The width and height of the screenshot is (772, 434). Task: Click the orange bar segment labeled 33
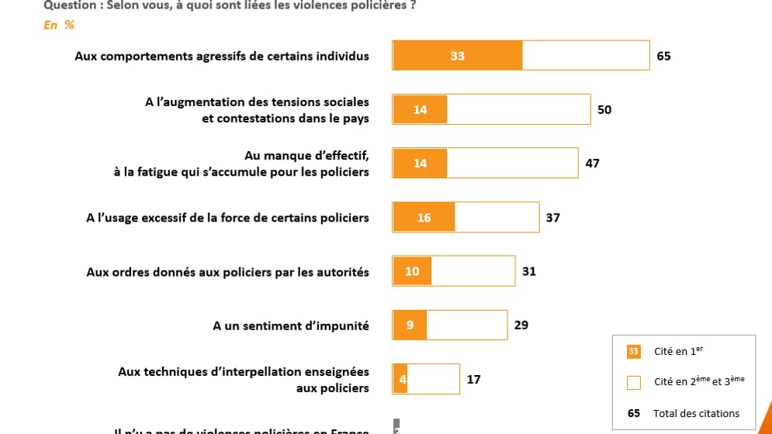coord(457,56)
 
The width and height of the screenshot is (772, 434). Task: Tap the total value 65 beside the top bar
coord(663,56)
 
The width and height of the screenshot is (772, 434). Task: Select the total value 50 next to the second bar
coord(604,109)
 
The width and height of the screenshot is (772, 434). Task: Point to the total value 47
coord(592,164)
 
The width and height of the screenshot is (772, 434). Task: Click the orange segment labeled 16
coord(424,218)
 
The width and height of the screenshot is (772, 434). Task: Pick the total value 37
coord(552,218)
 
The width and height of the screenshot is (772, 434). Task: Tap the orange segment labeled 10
coord(412,271)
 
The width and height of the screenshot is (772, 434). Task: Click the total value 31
coord(528,271)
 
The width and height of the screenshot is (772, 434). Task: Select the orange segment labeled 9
coord(410,325)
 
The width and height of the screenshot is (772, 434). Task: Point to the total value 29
coord(521,325)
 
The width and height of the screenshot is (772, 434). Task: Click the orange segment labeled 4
coord(400,379)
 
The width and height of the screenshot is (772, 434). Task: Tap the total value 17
coord(473,379)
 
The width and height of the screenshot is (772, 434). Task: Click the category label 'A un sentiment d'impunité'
coord(291,325)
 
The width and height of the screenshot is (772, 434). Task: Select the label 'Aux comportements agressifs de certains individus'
coord(222,56)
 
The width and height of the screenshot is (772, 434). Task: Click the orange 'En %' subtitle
coord(59,25)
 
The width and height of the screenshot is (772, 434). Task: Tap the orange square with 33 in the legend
coord(633,352)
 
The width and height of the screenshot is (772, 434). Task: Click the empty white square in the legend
coord(633,382)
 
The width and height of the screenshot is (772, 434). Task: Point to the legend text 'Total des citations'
coord(696,413)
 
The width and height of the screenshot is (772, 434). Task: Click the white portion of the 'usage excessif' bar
coord(497,218)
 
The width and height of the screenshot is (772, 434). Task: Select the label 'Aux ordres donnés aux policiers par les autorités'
coord(227,272)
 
